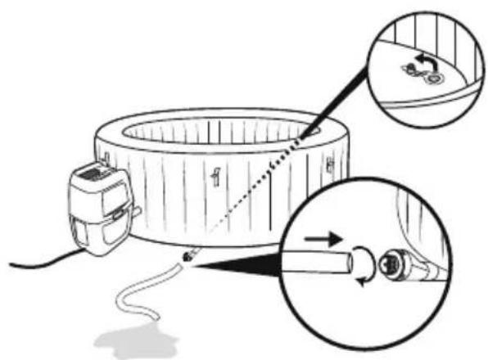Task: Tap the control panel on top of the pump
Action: pyautogui.click(x=96, y=173)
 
